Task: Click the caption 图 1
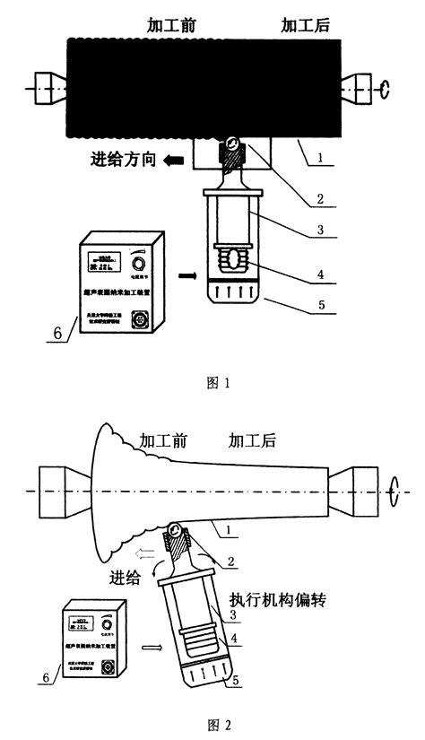(218, 383)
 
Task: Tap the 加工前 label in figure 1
(172, 26)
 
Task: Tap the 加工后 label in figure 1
(306, 26)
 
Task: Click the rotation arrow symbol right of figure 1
(386, 88)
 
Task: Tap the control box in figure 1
(124, 284)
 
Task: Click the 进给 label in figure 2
(127, 578)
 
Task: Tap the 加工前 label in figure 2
(164, 440)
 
